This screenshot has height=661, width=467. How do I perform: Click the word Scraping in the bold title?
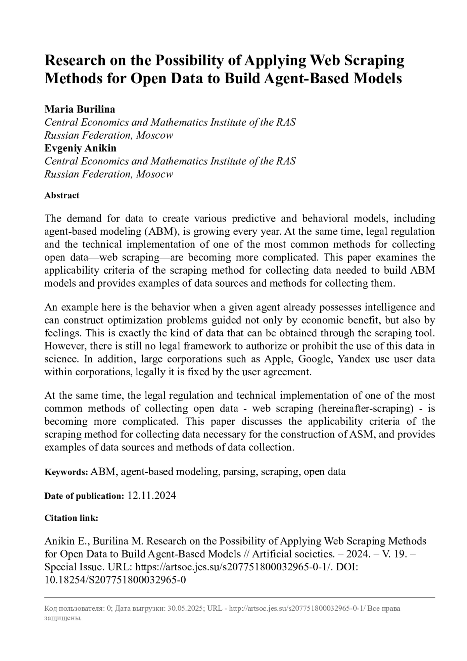(374, 61)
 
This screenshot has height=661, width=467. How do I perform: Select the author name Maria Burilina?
(80, 109)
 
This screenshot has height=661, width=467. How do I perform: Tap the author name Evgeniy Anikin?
(80, 148)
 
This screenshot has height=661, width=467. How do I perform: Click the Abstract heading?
(62, 195)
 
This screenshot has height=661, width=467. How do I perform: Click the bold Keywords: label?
(66, 472)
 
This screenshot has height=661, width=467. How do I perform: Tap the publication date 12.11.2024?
(152, 496)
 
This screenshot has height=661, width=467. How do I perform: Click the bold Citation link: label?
(71, 518)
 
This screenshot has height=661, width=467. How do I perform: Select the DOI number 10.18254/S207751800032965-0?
(115, 580)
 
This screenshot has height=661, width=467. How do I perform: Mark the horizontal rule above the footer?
(240, 597)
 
